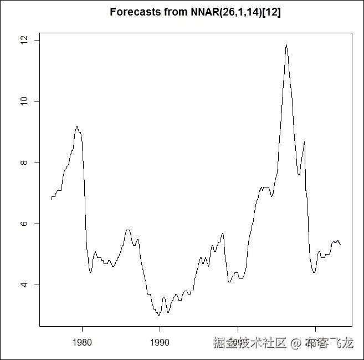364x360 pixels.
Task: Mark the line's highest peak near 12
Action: point(286,44)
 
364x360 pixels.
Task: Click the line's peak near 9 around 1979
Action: point(77,126)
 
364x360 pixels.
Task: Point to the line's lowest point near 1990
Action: point(158,315)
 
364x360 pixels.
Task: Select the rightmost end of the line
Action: point(340,245)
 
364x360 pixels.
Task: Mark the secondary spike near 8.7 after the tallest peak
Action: point(304,142)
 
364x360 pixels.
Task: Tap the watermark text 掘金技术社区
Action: point(250,343)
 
